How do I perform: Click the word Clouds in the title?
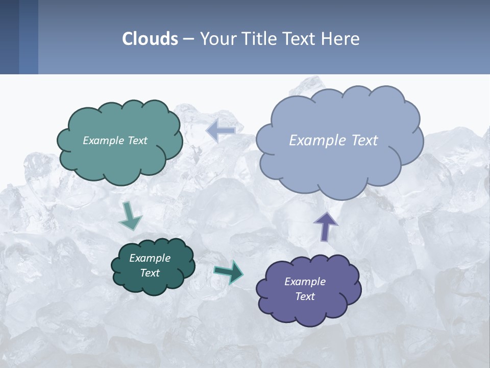point(150,39)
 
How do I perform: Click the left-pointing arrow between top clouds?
point(220,131)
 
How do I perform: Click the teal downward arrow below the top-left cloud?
point(130,216)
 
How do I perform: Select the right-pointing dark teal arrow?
point(229,271)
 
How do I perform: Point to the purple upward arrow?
point(325,226)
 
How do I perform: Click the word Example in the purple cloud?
point(305,282)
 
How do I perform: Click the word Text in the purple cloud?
point(305,296)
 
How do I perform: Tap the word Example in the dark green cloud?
point(150,258)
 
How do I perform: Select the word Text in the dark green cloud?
point(150,273)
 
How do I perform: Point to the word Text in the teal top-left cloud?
point(137,141)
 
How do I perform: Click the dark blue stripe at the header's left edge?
point(9,37)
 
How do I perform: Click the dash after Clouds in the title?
point(188,39)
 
